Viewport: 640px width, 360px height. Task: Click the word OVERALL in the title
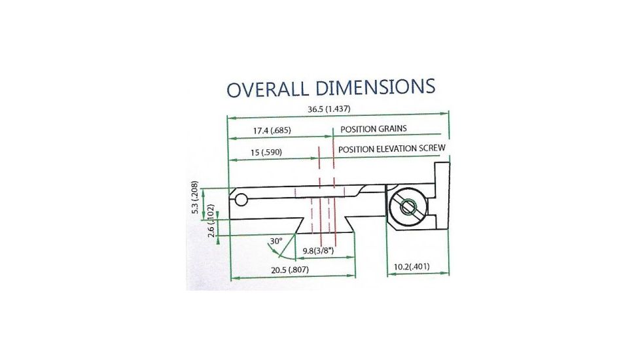tap(268, 89)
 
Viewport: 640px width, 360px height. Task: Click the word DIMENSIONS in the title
tap(376, 86)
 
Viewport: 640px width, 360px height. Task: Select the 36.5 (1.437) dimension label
tap(329, 109)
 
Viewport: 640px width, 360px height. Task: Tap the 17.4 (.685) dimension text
tap(272, 131)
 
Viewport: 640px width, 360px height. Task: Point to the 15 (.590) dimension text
tap(266, 153)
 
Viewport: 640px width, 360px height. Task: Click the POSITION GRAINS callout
tap(374, 129)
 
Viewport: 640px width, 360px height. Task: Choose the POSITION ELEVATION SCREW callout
tap(392, 149)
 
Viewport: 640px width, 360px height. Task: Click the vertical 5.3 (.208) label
tap(195, 197)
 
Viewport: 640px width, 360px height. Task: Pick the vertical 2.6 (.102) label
tap(211, 221)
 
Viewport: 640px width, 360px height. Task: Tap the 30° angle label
tap(276, 241)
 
